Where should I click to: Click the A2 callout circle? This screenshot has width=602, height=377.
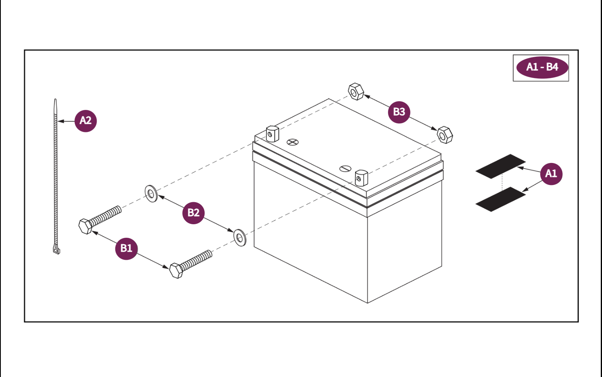click(x=86, y=120)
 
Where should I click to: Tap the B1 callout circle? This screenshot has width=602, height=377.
click(x=126, y=248)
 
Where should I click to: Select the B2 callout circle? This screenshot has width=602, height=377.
click(x=193, y=212)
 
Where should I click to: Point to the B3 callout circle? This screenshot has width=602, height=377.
click(x=399, y=112)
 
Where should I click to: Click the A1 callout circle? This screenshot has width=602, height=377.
click(x=551, y=174)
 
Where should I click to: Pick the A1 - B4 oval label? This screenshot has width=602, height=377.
click(x=542, y=67)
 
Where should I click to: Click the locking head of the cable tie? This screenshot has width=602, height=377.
click(x=56, y=249)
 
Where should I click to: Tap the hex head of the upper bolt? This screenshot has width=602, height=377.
click(x=86, y=226)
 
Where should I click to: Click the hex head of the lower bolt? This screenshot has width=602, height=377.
click(x=176, y=271)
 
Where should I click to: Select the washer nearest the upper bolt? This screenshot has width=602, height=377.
click(x=151, y=194)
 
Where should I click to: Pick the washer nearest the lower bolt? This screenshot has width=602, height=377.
click(x=240, y=237)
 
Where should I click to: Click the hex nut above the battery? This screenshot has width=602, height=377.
click(x=356, y=91)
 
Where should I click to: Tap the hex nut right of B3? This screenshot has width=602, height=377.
click(x=444, y=135)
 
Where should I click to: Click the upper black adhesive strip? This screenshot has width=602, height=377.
click(x=501, y=166)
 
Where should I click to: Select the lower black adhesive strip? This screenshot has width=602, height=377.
click(x=501, y=199)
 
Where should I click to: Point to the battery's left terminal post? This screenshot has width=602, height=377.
click(x=272, y=134)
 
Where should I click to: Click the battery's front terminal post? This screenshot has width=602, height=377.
click(x=361, y=178)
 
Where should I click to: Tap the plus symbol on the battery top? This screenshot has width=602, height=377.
click(x=293, y=142)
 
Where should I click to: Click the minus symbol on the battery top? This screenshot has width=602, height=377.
click(x=345, y=168)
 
